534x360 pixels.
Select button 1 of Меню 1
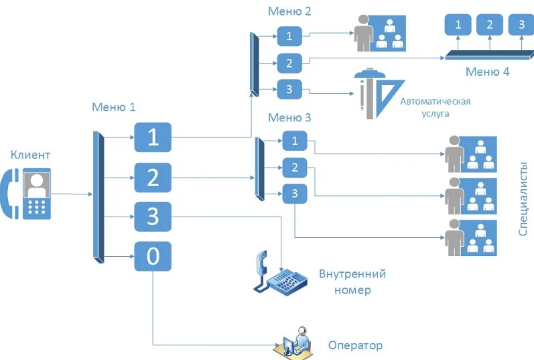pos(153,137)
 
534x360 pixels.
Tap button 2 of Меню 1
pos(153,178)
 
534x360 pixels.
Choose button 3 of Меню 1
pos(153,217)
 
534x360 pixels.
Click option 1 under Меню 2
pos(289,36)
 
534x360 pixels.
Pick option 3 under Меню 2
pos(289,89)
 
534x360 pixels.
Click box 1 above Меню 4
pos(458,25)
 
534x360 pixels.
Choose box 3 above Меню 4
pos(521,25)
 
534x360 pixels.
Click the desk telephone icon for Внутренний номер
pos(279,274)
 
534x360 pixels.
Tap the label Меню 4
pos(487,72)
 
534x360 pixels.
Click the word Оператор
pos(355,346)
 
